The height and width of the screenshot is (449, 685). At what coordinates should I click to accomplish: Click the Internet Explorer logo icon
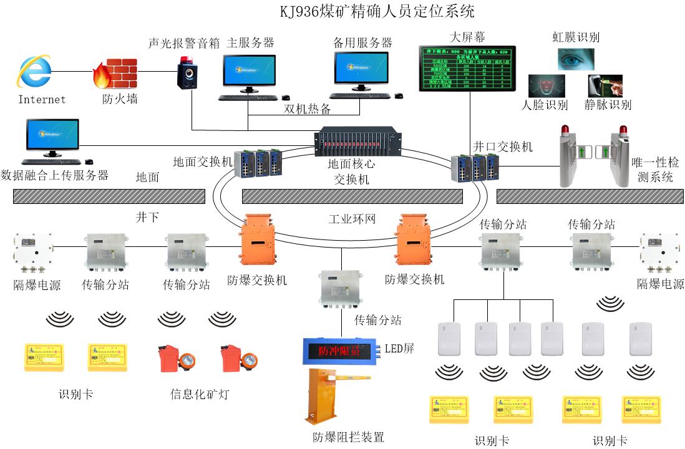34,71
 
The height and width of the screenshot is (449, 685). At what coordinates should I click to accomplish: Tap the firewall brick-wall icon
115,74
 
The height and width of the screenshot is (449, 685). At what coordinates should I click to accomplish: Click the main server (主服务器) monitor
249,70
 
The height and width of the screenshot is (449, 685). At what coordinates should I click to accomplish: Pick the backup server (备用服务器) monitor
361,69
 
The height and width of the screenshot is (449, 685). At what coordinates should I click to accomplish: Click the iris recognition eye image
575,59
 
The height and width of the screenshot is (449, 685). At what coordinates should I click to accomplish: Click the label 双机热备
308,109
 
